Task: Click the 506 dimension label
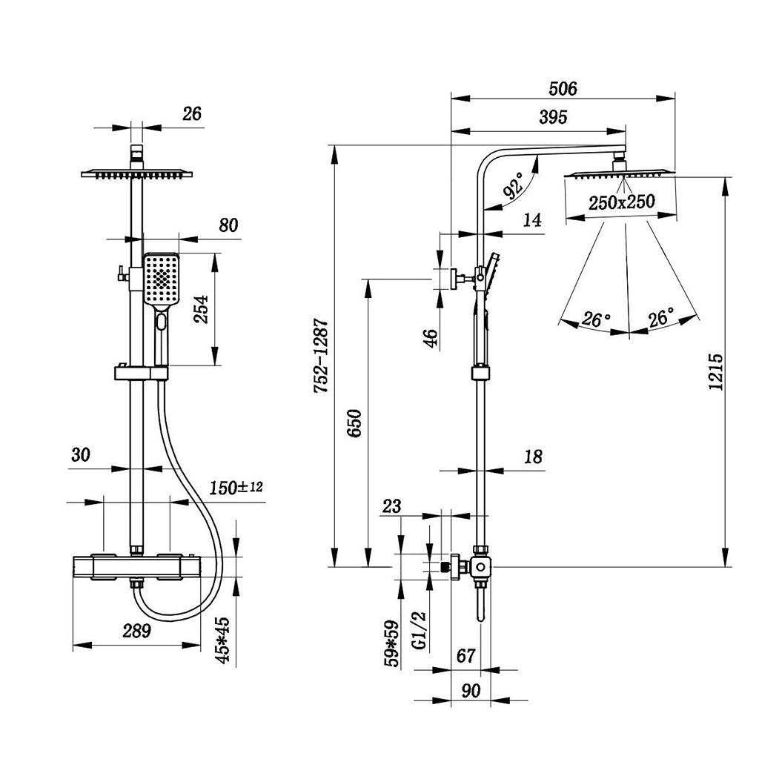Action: (x=563, y=89)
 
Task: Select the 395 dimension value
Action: (x=553, y=117)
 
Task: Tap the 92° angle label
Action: (x=514, y=185)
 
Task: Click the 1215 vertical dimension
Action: (x=716, y=371)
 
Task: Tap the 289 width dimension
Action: (x=136, y=631)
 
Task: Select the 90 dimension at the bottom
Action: (x=470, y=690)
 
